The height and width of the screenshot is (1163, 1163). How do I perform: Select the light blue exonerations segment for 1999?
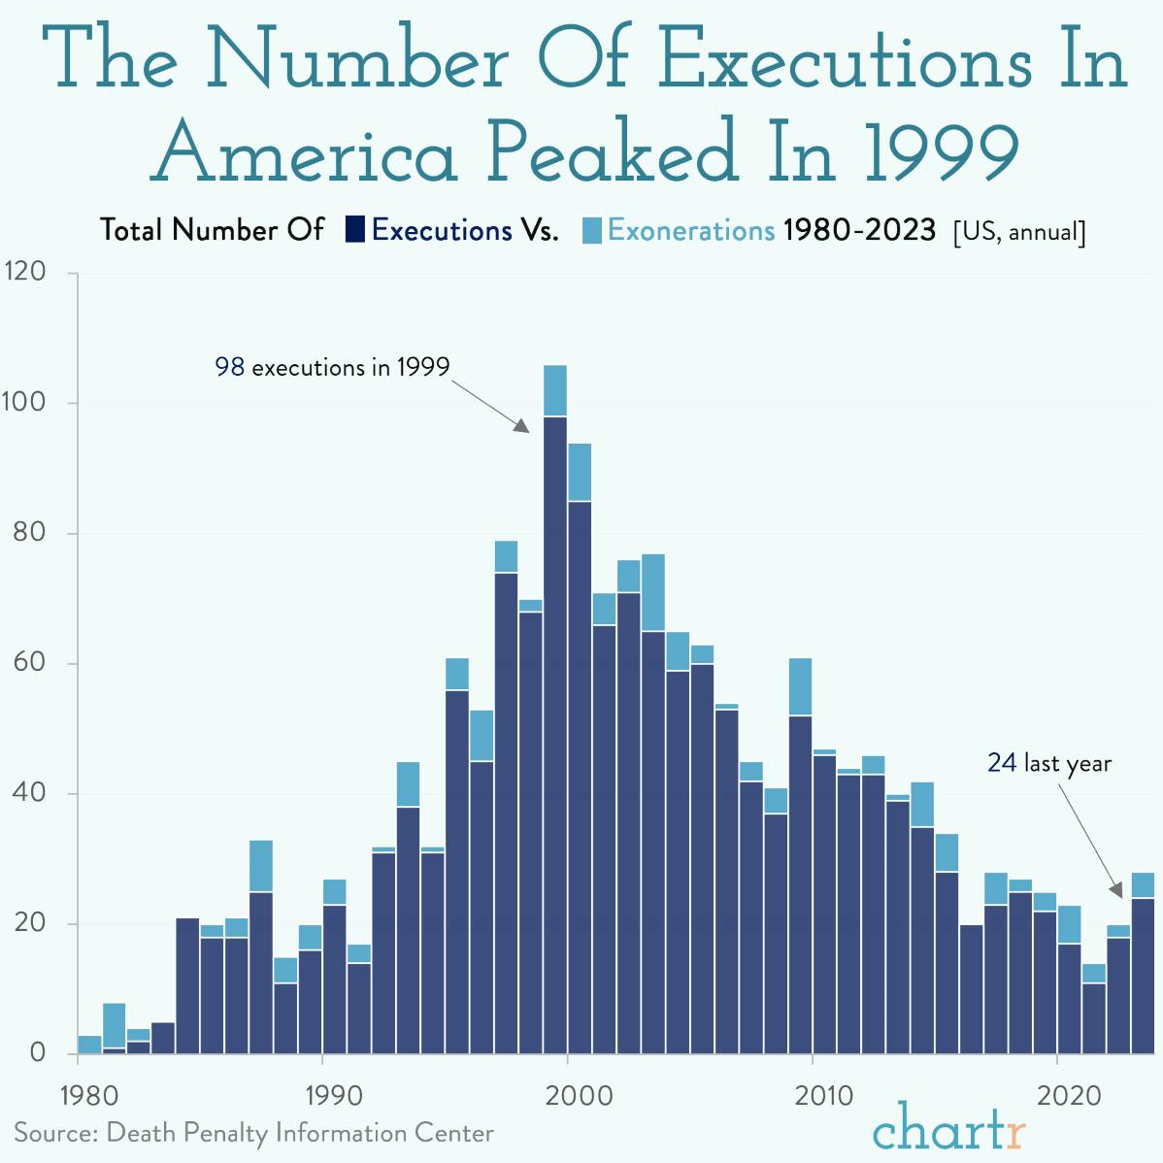click(x=555, y=390)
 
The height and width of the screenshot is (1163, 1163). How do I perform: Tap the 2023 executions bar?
click(x=1143, y=975)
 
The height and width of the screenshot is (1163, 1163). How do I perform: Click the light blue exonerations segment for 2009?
click(x=801, y=686)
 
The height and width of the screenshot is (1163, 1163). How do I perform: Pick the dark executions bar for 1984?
click(x=187, y=984)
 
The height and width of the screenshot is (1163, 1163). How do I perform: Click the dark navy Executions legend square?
click(x=355, y=230)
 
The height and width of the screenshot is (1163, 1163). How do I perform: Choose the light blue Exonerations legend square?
click(x=592, y=230)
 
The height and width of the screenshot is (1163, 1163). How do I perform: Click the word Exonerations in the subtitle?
click(x=691, y=230)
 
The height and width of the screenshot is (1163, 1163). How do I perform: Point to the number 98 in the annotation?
click(x=229, y=367)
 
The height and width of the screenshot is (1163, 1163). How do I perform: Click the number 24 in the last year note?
click(x=1002, y=763)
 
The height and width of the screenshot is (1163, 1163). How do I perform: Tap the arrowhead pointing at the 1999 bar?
click(x=522, y=426)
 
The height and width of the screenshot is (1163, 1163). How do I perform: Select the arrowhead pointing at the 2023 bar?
click(x=1117, y=890)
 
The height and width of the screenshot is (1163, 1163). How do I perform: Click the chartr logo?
click(x=948, y=1128)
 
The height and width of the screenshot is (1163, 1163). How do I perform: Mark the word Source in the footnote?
click(x=53, y=1133)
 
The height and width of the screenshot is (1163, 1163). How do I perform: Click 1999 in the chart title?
click(x=941, y=153)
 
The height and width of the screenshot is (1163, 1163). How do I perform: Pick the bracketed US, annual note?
click(x=1019, y=232)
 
